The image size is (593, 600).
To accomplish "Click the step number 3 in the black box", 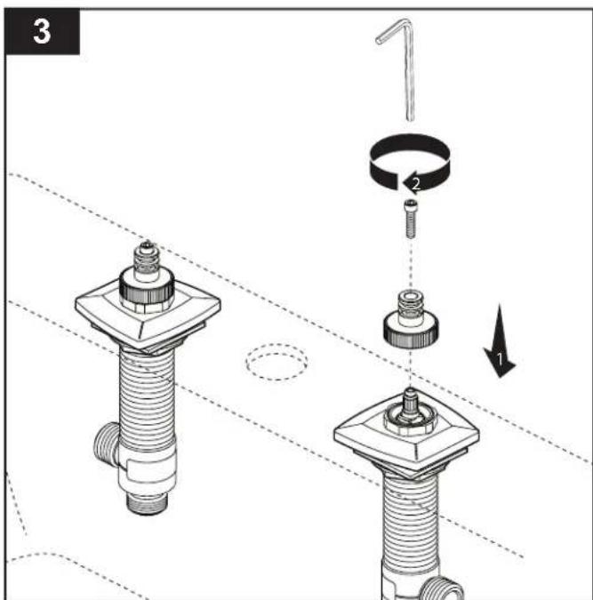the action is pos(42,31).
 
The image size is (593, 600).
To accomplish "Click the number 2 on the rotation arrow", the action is pos(416,184).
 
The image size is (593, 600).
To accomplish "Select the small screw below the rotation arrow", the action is pos(411,219).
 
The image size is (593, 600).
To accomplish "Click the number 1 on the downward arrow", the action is pos(500,358).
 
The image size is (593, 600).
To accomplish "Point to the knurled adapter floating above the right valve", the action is pos(411,319).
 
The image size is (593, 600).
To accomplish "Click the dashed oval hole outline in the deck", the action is pos(276,362).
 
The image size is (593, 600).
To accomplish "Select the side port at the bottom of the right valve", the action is pos(444,588).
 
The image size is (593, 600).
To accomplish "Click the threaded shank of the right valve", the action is pos(411,520).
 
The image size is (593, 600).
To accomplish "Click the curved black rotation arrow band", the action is pos(410,163).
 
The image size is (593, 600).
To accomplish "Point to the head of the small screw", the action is pos(411,204).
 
